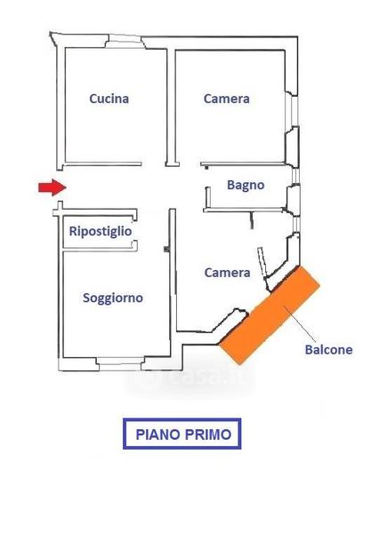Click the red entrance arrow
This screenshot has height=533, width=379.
[x=52, y=187]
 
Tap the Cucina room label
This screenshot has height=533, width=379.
[x=109, y=99]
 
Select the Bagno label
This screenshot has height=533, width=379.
[x=246, y=186]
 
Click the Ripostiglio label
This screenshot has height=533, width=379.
[x=101, y=232]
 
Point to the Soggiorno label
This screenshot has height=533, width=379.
[x=113, y=298]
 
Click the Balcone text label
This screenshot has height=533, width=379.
[x=328, y=350]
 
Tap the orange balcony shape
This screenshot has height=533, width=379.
[x=270, y=314]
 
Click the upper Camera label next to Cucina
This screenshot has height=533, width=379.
[x=227, y=99]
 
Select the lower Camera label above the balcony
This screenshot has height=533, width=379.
[x=227, y=273]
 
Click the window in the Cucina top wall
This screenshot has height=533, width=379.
[x=125, y=42]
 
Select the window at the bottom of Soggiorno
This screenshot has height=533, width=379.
[x=119, y=363]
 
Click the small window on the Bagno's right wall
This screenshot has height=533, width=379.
[x=296, y=177]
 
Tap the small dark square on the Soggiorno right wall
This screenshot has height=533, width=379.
[x=166, y=249]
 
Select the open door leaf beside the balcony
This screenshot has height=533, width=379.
[x=262, y=262]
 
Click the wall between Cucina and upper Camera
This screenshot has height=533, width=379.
[x=172, y=107]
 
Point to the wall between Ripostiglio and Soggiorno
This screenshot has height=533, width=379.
[x=99, y=251]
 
